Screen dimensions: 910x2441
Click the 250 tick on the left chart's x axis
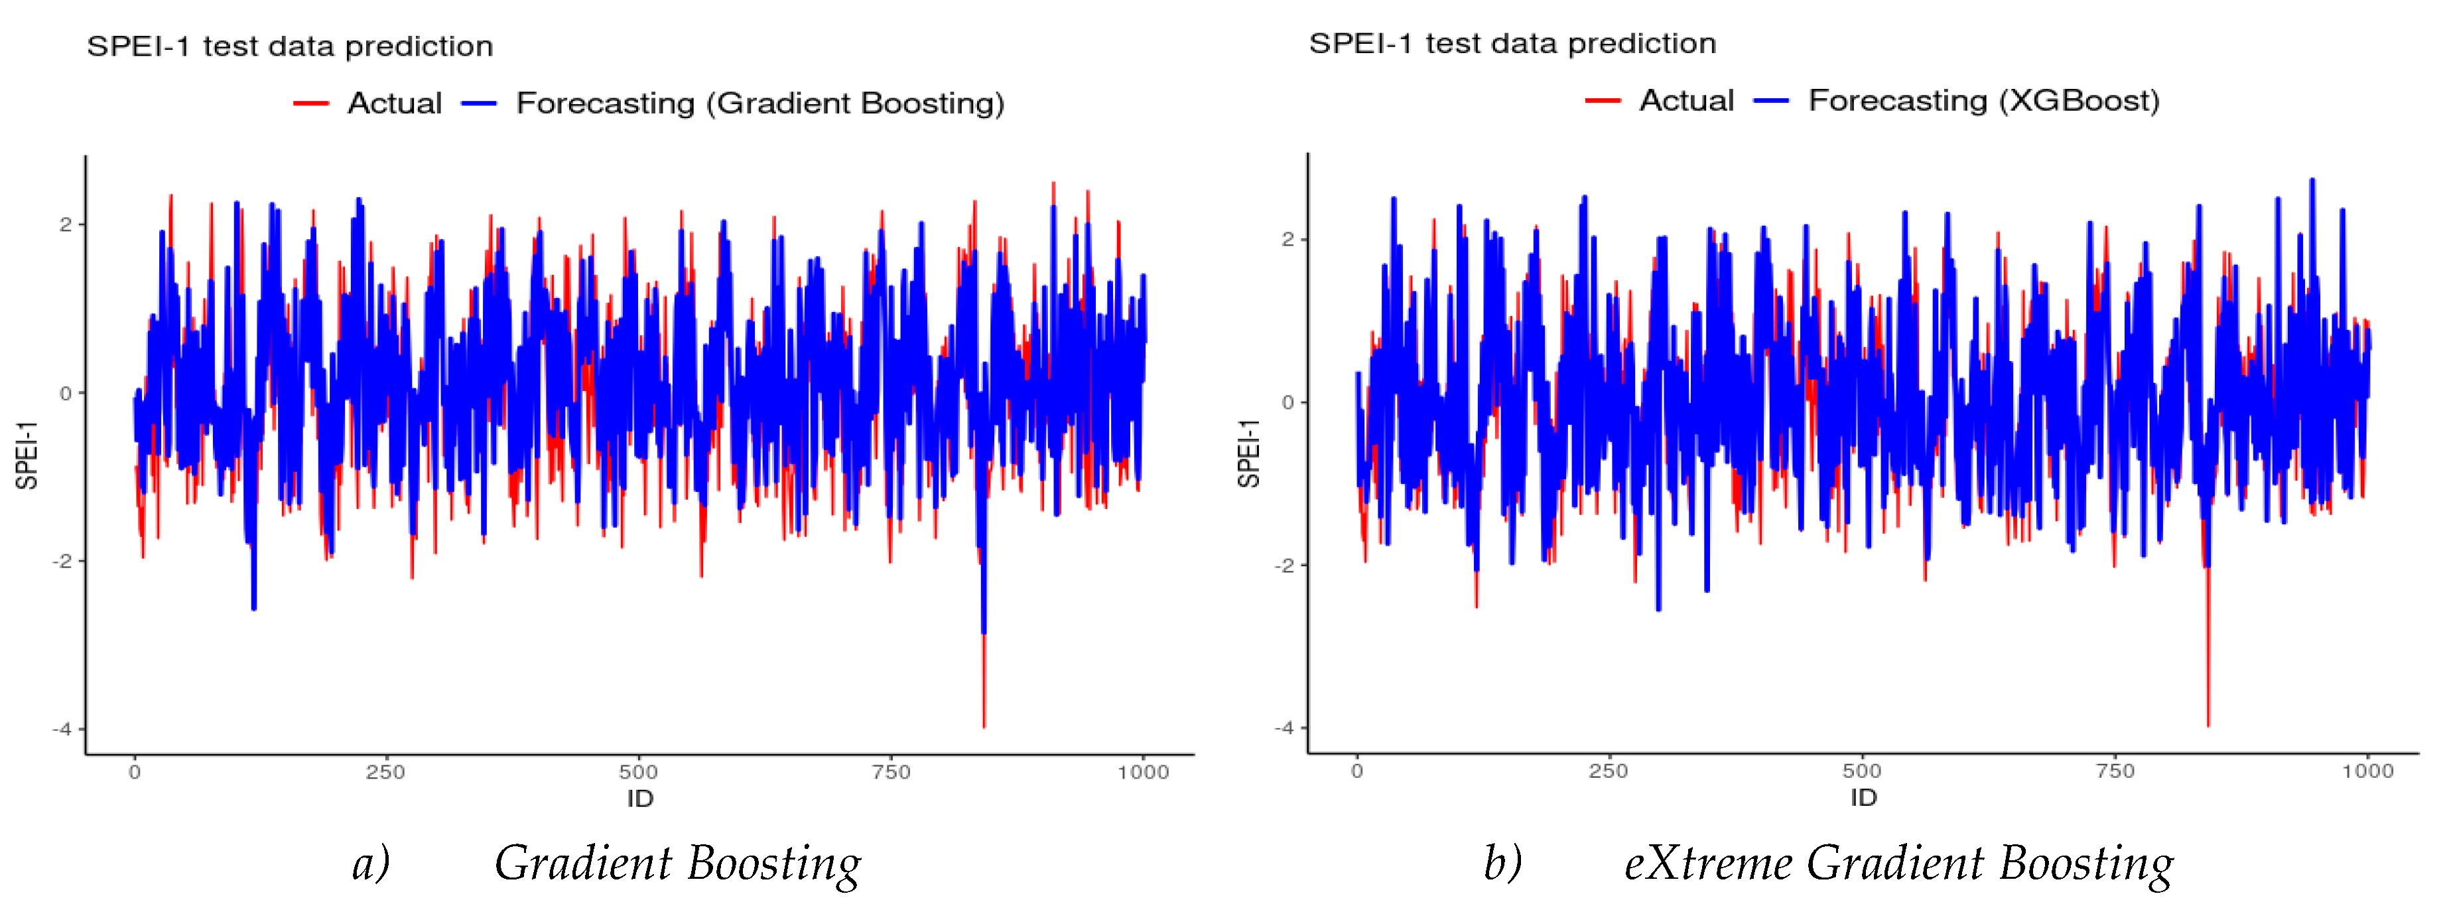click(x=385, y=771)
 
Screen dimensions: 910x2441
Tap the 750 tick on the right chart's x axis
click(x=2115, y=771)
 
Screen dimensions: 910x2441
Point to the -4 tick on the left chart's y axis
click(x=62, y=729)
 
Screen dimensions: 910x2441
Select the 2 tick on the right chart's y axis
click(x=1287, y=239)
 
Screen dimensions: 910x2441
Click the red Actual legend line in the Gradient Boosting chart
click(x=311, y=104)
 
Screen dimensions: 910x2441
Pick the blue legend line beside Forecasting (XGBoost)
click(x=1771, y=100)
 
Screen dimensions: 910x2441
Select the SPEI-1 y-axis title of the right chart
click(x=1249, y=453)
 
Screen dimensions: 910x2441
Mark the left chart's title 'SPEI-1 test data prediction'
click(x=290, y=46)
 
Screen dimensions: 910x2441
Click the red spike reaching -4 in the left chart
click(x=984, y=702)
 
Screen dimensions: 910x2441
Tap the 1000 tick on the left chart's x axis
click(x=1143, y=771)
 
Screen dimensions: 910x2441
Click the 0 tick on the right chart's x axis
click(x=1357, y=771)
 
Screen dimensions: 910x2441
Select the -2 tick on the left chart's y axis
click(x=62, y=561)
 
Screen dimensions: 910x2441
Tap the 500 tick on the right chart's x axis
click(x=1862, y=771)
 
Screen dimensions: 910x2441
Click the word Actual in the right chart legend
click(x=1687, y=100)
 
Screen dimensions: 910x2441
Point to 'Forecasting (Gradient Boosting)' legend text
click(x=760, y=104)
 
